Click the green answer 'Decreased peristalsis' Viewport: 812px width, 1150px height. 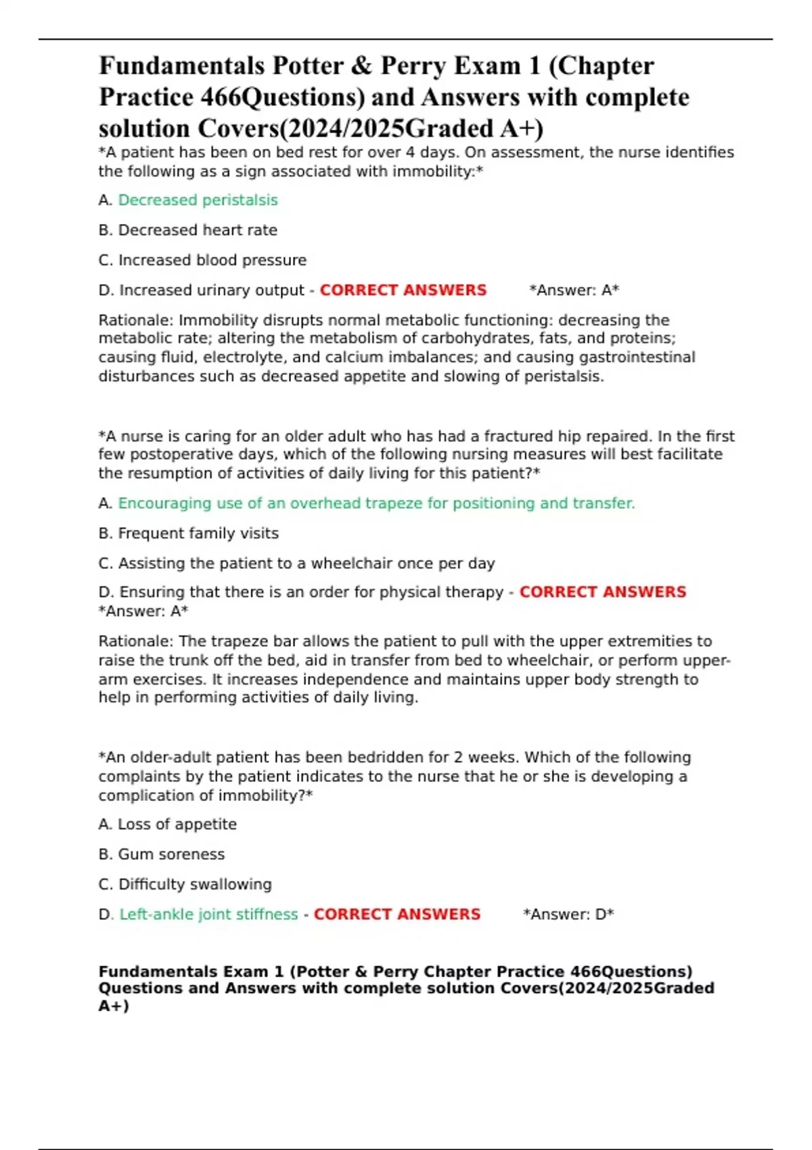click(x=198, y=200)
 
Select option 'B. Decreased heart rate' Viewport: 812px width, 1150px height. click(x=187, y=230)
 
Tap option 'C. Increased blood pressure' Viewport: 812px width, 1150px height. click(x=202, y=260)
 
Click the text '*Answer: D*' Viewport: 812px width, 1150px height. click(x=568, y=915)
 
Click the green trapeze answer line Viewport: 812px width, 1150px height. click(x=376, y=503)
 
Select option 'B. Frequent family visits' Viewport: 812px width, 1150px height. click(x=188, y=533)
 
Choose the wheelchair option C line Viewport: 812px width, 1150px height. click(x=296, y=563)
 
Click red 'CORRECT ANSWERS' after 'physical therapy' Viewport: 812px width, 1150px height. click(x=602, y=592)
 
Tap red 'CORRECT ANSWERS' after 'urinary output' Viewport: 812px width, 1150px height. click(x=403, y=290)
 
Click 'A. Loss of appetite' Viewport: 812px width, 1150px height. click(x=167, y=825)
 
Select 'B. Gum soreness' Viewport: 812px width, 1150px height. click(x=161, y=854)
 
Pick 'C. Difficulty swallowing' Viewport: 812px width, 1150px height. click(x=185, y=884)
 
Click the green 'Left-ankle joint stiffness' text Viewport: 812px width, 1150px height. click(x=208, y=915)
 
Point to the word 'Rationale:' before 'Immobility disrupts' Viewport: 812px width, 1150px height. click(x=136, y=320)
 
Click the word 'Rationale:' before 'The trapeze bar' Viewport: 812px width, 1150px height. click(x=136, y=641)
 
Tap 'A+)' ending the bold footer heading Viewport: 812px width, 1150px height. click(x=114, y=1006)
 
